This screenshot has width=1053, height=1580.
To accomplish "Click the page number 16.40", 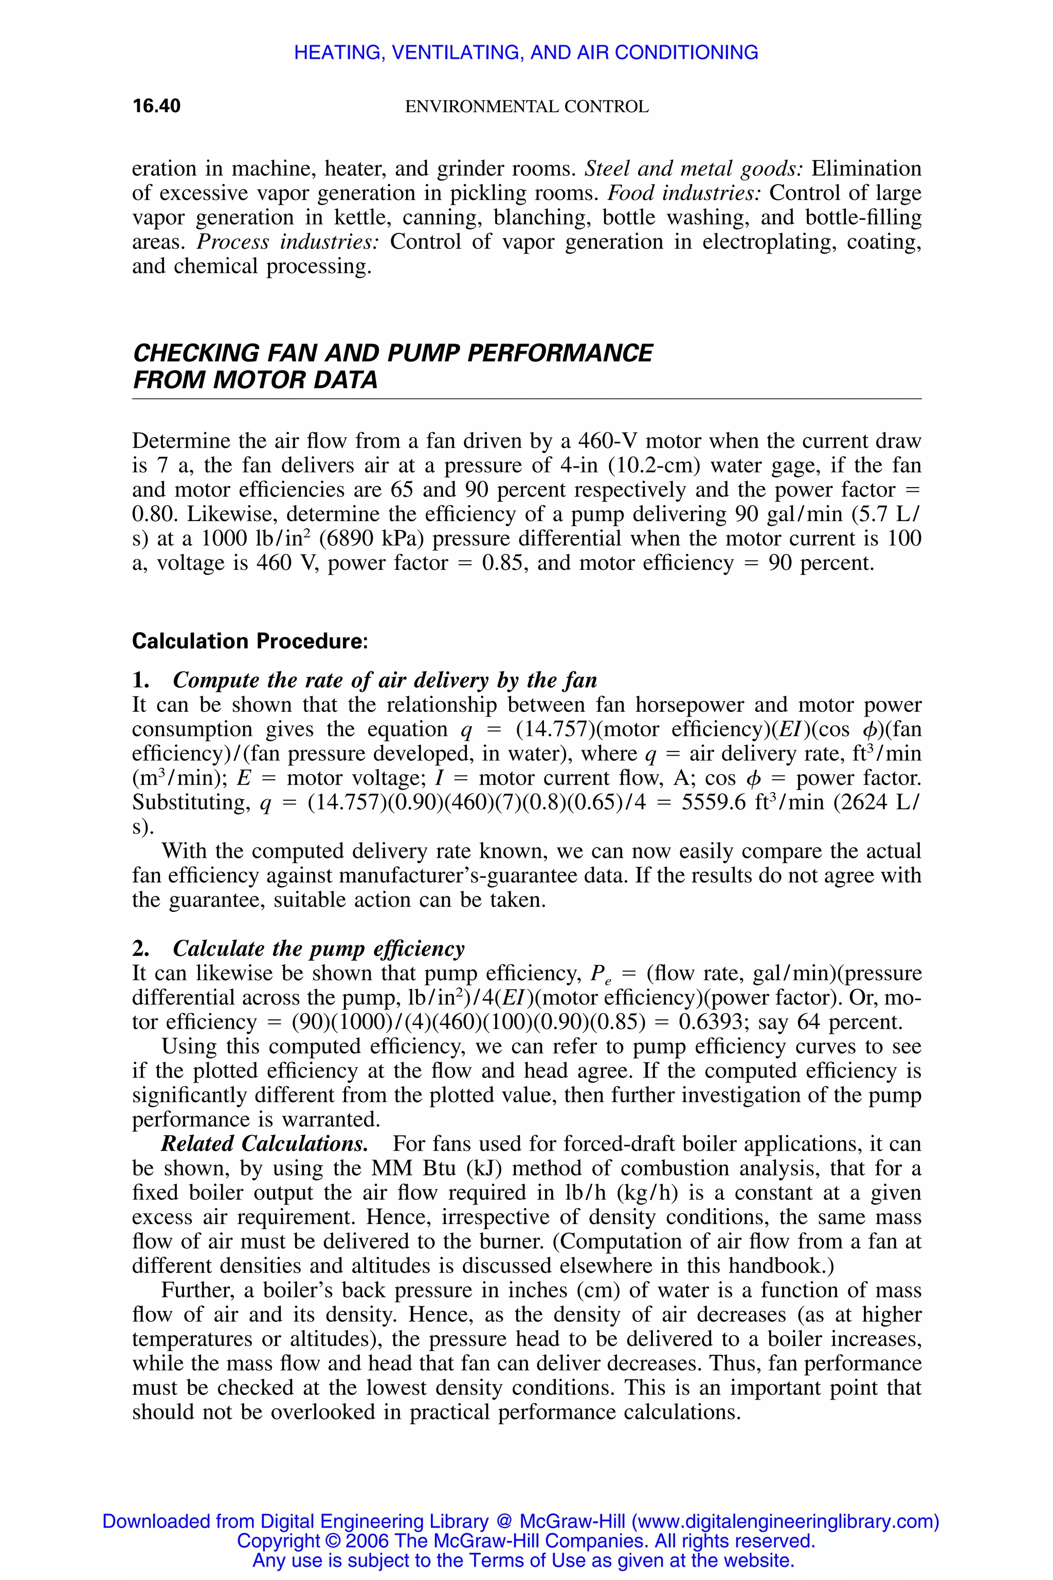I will point(156,106).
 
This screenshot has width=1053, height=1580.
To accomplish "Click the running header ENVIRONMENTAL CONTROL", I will point(526,107).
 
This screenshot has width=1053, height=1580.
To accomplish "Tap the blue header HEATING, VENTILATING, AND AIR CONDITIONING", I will point(526,52).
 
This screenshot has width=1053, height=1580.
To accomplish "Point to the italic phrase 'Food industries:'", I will point(684,193).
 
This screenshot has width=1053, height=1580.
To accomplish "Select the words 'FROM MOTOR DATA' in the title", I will point(255,380).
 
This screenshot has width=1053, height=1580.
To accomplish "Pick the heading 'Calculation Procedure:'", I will point(250,641).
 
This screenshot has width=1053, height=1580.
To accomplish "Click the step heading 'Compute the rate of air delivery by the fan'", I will point(385,680).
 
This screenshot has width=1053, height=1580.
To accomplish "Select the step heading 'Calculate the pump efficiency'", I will point(318,948).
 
